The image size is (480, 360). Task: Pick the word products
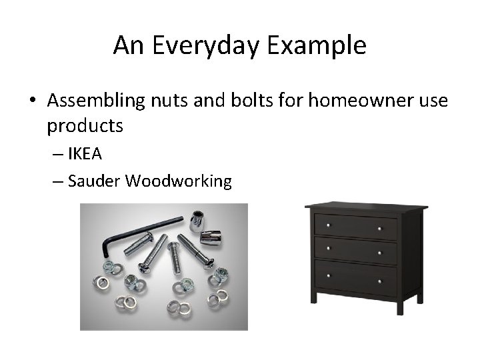tap(86, 125)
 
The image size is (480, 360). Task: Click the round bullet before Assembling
tap(32, 101)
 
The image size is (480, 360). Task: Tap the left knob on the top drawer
tap(327, 227)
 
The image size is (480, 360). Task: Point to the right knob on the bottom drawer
tap(381, 275)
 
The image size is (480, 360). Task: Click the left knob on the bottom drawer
tap(327, 275)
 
